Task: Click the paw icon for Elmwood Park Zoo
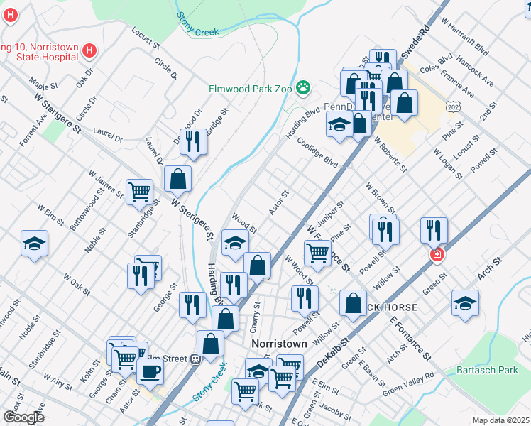[304, 89]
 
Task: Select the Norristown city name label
[280, 344]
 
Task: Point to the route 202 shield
[453, 106]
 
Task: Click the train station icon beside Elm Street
[196, 359]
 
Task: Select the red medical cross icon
[437, 254]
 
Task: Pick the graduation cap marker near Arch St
[465, 303]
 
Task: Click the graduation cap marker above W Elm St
[34, 244]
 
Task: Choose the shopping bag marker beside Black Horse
[353, 304]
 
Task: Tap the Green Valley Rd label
[408, 383]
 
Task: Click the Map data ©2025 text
[500, 420]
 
